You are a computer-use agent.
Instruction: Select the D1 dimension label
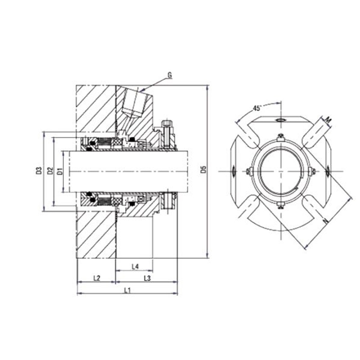tap(59, 171)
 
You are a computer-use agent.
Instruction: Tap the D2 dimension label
tap(50, 171)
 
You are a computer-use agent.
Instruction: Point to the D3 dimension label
tap(39, 171)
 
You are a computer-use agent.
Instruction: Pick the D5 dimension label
tap(203, 170)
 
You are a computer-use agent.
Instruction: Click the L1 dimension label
tap(127, 290)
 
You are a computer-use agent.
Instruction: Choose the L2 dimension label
tap(96, 279)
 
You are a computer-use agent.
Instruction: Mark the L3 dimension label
tap(147, 279)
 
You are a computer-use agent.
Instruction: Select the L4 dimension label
tap(135, 267)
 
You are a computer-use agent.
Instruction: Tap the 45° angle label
tap(257, 108)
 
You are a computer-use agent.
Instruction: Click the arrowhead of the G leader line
tap(141, 92)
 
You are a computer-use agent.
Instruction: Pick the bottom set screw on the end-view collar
tap(281, 206)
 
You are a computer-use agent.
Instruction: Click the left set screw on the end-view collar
tap(248, 171)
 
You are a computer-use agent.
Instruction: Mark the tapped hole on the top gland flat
tap(281, 120)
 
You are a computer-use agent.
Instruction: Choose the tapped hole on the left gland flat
tap(233, 171)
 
